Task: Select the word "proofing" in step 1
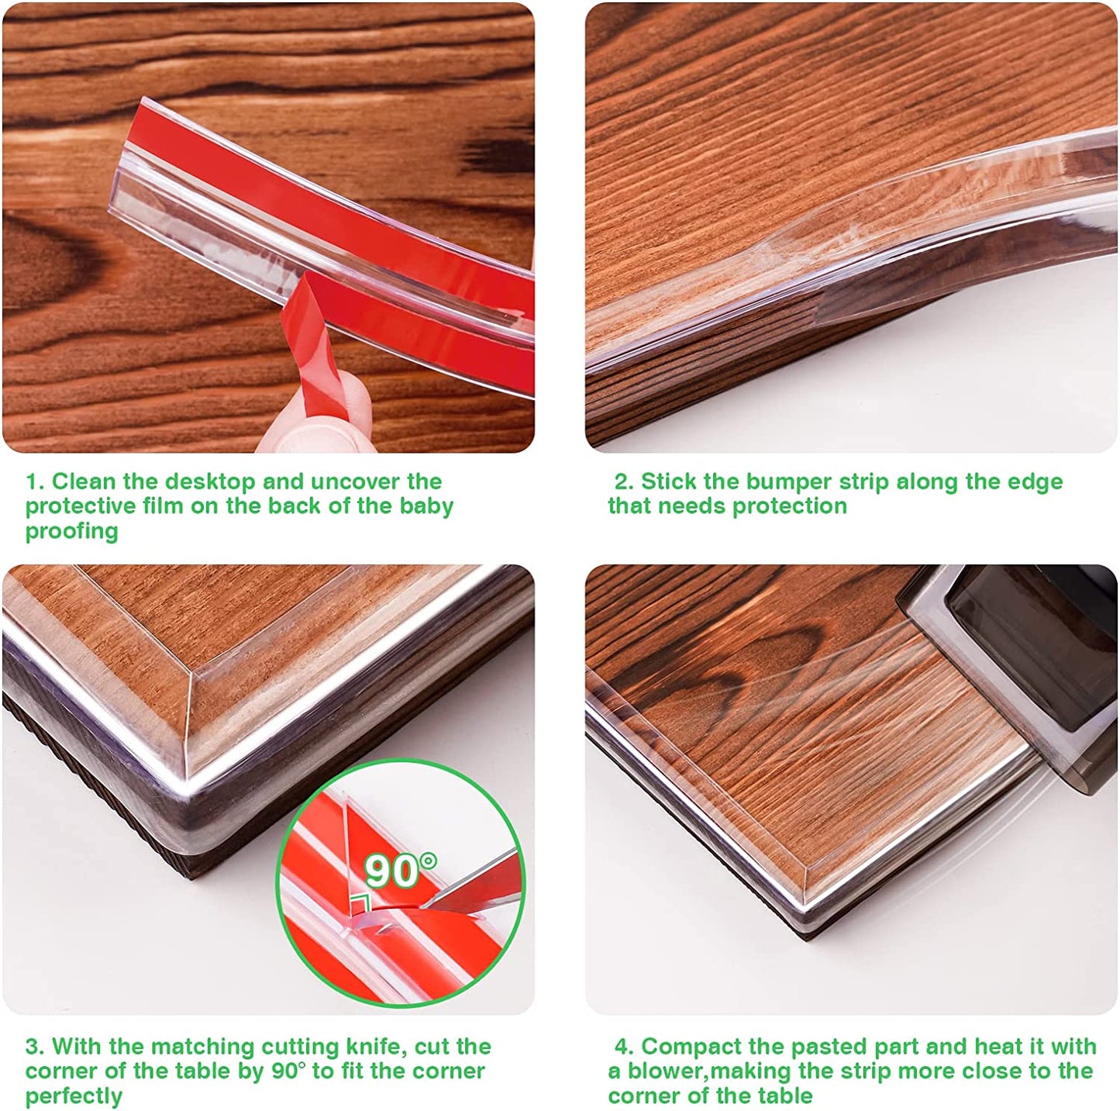[x=71, y=531]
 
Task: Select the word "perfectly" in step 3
[x=74, y=1096]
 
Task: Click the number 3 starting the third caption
[x=33, y=1047]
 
